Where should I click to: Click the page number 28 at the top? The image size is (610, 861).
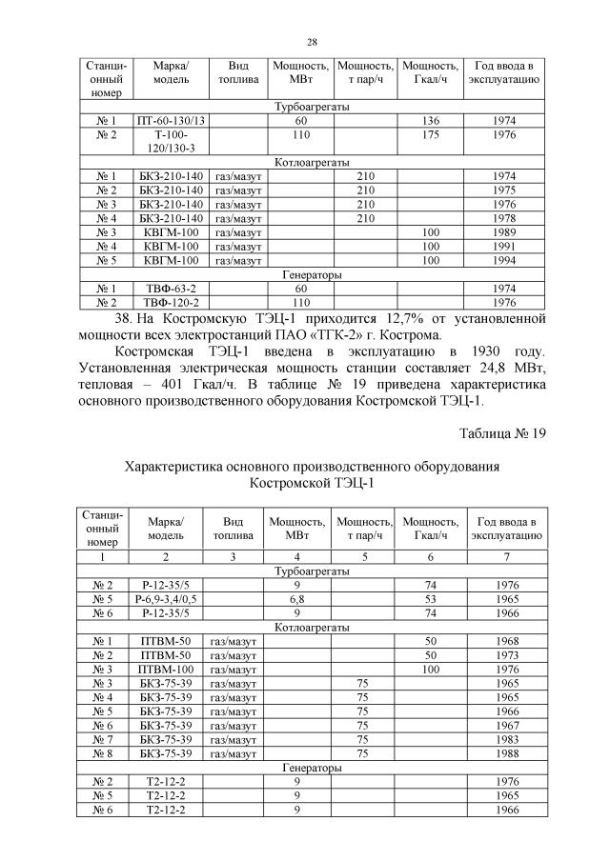[x=312, y=42]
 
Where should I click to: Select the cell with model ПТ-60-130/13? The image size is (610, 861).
[x=172, y=121]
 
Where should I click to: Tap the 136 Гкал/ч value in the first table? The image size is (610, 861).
[x=431, y=121]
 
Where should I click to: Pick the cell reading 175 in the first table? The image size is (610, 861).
[x=431, y=135]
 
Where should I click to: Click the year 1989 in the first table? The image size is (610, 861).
[x=506, y=231]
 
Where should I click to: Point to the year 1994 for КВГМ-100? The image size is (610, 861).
[x=506, y=259]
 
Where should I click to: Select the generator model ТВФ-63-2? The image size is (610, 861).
[x=172, y=288]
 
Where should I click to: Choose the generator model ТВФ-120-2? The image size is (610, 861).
[x=172, y=302]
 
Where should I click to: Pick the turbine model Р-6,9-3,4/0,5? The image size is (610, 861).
[x=165, y=599]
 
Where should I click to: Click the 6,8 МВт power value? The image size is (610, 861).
[x=297, y=599]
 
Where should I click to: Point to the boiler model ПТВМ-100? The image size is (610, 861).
[x=165, y=670]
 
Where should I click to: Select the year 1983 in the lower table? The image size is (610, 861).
[x=506, y=739]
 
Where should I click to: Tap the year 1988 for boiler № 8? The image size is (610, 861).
[x=506, y=753]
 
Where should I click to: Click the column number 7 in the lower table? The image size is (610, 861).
[x=506, y=555]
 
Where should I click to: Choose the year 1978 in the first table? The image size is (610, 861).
[x=506, y=218]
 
